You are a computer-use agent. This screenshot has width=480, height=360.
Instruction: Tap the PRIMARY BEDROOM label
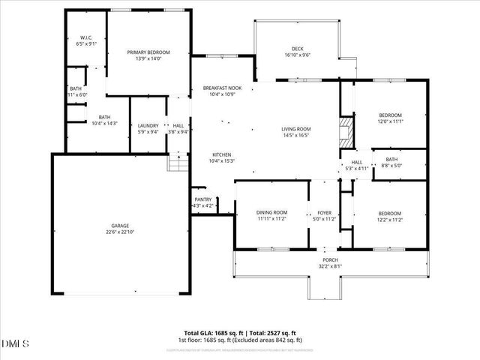tap(148, 52)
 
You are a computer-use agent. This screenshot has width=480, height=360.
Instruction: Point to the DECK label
tap(298, 49)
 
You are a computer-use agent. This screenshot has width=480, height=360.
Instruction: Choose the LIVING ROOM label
tap(296, 129)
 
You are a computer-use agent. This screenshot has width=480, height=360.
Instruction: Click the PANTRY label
tap(204, 199)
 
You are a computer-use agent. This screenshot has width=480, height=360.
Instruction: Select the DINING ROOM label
tap(271, 213)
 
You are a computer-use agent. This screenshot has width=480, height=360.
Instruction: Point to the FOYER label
tap(325, 213)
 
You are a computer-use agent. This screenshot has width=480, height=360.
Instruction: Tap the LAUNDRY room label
tap(148, 125)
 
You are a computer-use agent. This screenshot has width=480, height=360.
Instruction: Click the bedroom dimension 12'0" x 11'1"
tap(390, 121)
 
